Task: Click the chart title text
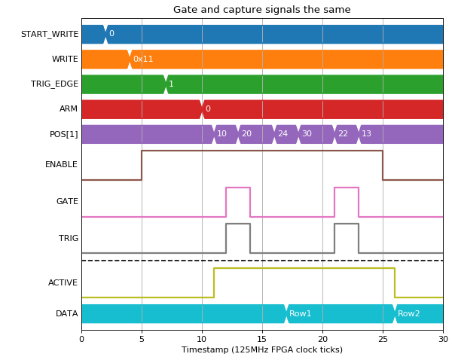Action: click(261, 10)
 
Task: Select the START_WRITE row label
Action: click(50, 34)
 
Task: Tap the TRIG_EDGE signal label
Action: click(54, 84)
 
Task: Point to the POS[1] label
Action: click(64, 134)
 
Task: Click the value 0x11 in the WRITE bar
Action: click(143, 59)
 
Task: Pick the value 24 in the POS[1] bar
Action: click(282, 133)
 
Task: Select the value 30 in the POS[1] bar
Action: click(307, 133)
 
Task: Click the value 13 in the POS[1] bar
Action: click(366, 133)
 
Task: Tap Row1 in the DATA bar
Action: click(300, 313)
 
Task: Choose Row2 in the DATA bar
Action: click(408, 313)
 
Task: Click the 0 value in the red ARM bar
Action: click(208, 108)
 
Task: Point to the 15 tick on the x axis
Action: click(262, 339)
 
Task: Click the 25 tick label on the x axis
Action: click(383, 339)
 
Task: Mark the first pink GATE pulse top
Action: click(238, 188)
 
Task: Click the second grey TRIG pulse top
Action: click(347, 224)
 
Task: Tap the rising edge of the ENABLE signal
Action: click(142, 165)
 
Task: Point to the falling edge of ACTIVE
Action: click(395, 282)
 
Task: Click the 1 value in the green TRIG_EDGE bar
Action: click(171, 84)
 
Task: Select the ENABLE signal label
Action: click(61, 164)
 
